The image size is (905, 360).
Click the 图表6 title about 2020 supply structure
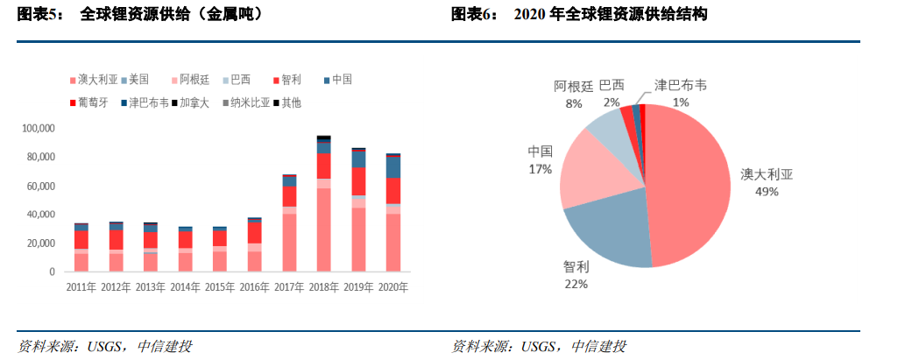tap(579, 15)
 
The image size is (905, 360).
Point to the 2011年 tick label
tap(81, 286)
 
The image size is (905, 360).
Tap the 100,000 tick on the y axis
tap(38, 129)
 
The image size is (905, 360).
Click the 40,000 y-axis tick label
tap(40, 215)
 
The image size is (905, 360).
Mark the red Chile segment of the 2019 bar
tap(358, 181)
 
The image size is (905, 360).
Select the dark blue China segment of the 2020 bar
tap(393, 167)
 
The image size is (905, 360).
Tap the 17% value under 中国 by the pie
tap(541, 168)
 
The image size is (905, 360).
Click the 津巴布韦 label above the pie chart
tap(682, 87)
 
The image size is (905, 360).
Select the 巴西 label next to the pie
tap(612, 86)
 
